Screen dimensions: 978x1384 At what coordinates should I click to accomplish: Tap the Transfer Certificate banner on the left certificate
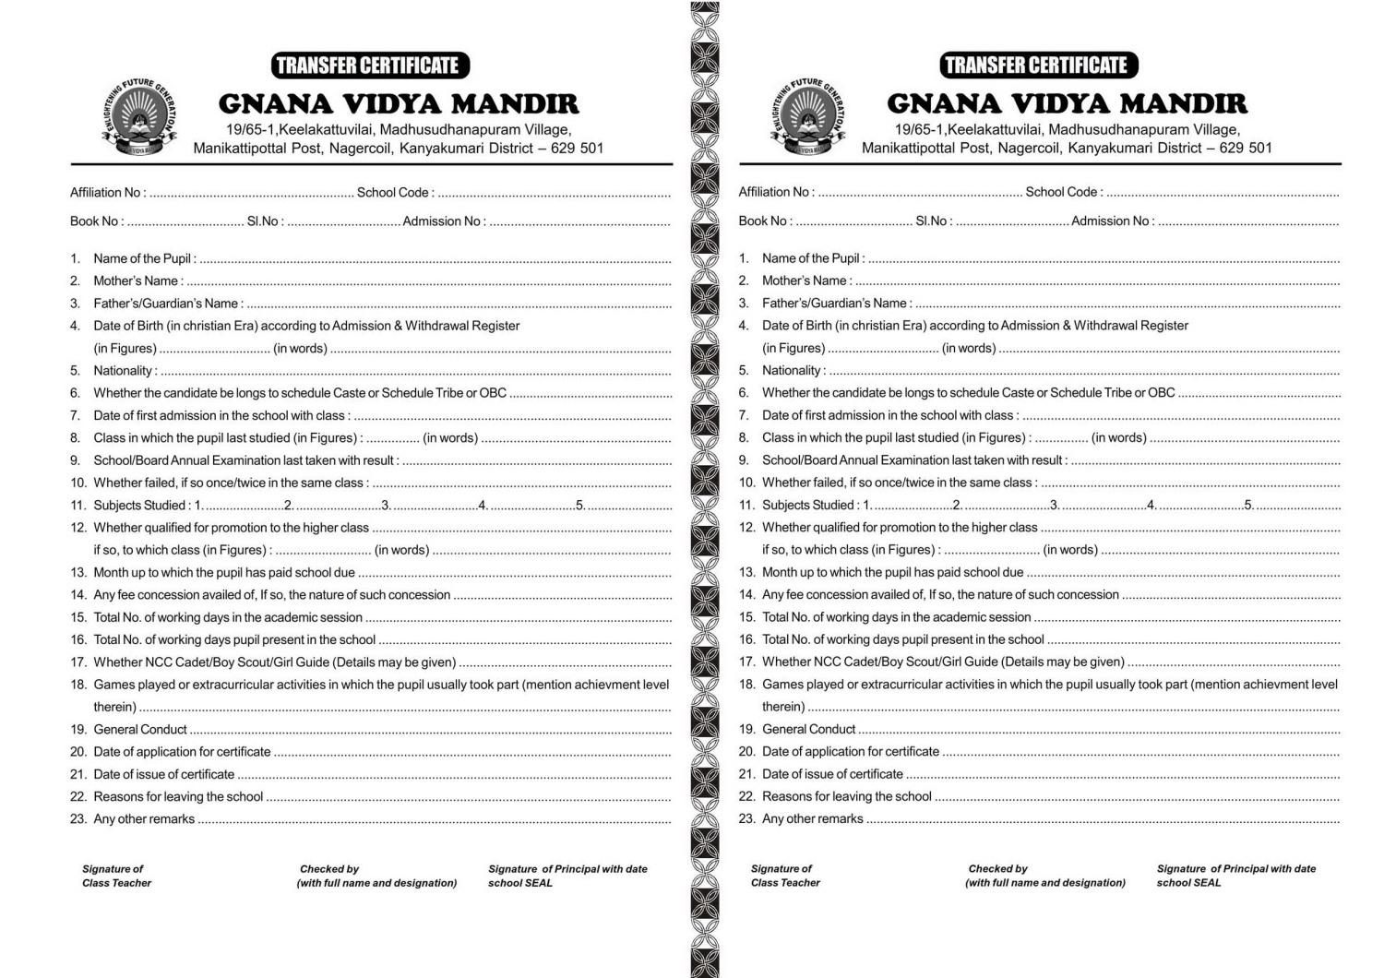370,66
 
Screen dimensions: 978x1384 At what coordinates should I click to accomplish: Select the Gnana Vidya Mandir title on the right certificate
1067,103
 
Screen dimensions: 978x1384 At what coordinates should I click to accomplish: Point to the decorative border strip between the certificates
705,489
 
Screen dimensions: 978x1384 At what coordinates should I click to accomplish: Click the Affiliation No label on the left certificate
107,193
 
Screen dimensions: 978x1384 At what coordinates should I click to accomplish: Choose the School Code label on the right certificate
1063,193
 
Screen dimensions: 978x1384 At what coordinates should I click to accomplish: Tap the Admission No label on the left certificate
443,221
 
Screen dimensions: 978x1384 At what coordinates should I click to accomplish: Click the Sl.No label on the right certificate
933,221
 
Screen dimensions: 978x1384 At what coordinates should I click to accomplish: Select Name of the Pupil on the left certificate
144,258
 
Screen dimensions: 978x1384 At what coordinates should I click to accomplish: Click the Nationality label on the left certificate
125,371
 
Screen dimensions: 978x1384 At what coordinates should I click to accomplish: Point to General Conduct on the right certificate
808,729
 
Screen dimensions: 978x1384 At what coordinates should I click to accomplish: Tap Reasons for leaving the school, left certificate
178,796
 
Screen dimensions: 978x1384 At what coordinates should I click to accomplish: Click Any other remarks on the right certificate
812,818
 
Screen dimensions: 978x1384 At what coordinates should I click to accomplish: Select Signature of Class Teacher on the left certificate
116,876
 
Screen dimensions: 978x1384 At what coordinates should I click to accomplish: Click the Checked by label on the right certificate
997,869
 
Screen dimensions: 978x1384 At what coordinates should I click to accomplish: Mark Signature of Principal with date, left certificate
567,869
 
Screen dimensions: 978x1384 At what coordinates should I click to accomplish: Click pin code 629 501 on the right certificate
1245,148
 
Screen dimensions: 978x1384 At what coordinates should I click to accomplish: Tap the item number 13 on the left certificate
78,572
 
